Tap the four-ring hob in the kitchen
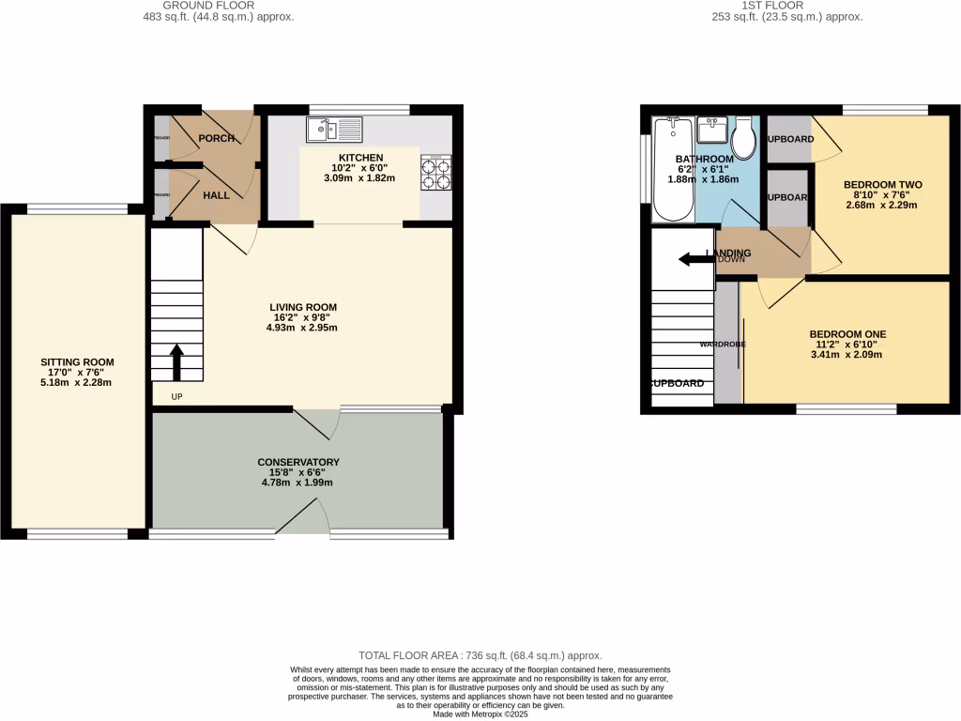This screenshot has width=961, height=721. [x=435, y=172]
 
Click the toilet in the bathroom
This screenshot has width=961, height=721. [x=745, y=141]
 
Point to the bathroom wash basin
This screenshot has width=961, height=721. [x=714, y=129]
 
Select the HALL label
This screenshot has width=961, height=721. [x=218, y=195]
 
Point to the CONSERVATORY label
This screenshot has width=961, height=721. [x=298, y=462]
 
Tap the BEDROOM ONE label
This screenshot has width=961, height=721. [x=847, y=333]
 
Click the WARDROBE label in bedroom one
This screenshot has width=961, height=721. [x=723, y=345]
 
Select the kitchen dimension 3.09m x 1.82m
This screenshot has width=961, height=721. [x=360, y=178]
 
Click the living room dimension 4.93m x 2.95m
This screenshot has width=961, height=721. [x=302, y=328]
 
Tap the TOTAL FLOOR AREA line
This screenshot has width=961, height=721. [x=480, y=655]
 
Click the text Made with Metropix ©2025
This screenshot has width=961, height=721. [x=480, y=713]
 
